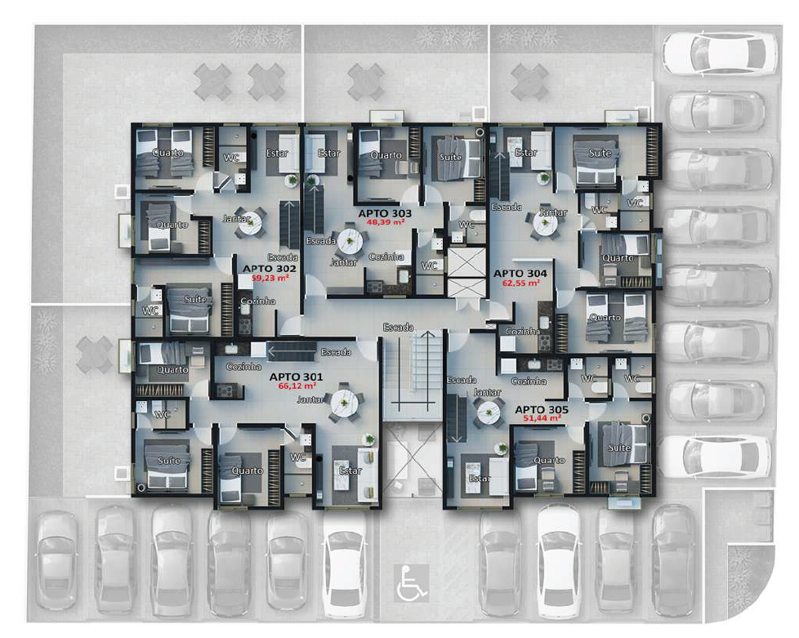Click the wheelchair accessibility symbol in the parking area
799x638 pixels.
[x=410, y=585]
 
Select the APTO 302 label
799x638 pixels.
[x=261, y=268]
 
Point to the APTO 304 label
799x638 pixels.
[x=520, y=273]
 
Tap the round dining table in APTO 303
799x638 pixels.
[x=350, y=239]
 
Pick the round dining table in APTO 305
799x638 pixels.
[x=489, y=413]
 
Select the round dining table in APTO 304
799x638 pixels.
[x=543, y=222]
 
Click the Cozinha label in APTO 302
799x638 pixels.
[x=258, y=301]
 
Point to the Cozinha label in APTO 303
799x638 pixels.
[x=386, y=257]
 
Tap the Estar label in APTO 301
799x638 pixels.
[x=350, y=471]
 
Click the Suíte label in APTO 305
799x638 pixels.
[x=618, y=448]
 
